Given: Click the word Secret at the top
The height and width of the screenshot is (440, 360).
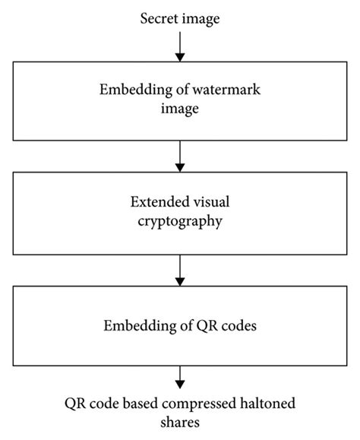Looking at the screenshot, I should tap(158, 17).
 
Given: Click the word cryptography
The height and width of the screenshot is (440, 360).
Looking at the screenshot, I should tap(180, 225).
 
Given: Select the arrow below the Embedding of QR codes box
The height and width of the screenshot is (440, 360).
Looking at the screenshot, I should tap(180, 375).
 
